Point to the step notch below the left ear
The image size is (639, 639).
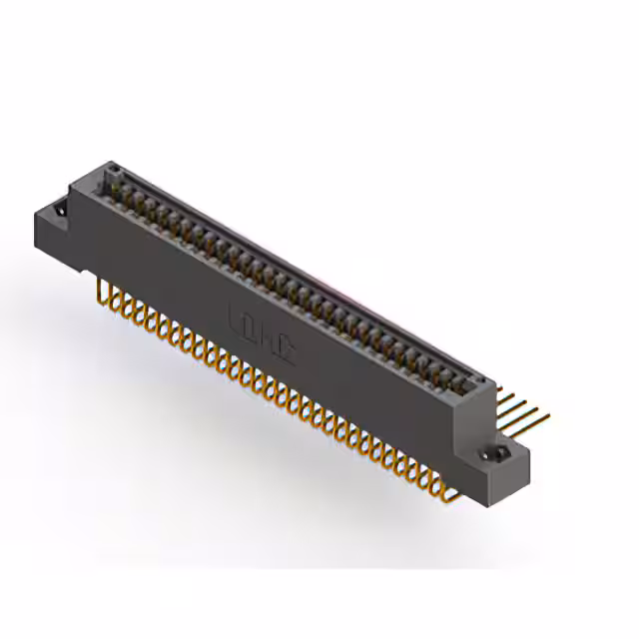85,262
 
